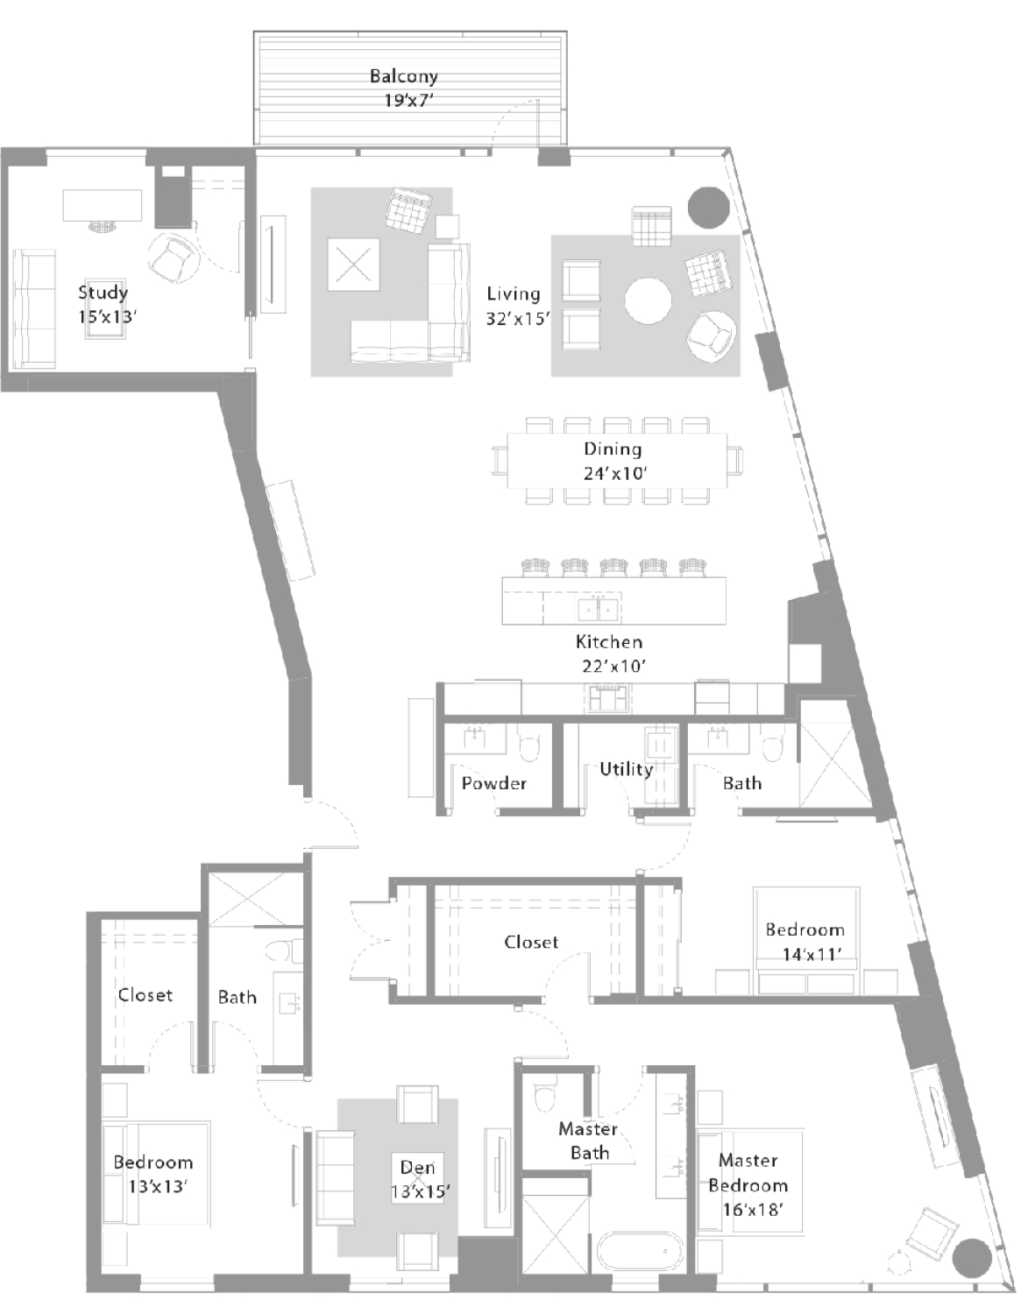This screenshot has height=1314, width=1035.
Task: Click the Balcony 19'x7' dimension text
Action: [408, 100]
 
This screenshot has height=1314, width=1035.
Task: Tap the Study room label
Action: [103, 293]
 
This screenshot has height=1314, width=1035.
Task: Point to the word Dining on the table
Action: [613, 449]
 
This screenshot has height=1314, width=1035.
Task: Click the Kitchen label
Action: [609, 642]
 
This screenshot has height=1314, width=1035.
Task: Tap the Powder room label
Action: [493, 783]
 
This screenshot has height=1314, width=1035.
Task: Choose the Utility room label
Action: [627, 769]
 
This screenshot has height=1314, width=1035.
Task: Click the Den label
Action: [417, 1168]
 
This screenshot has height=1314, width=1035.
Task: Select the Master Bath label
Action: [588, 1141]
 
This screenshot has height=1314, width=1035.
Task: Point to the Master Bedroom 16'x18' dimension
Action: [754, 1210]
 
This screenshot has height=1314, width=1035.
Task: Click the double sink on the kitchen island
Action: [599, 609]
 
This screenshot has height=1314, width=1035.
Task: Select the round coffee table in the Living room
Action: [648, 301]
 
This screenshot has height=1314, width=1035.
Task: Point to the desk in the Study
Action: [103, 205]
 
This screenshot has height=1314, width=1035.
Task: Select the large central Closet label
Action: [531, 943]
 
